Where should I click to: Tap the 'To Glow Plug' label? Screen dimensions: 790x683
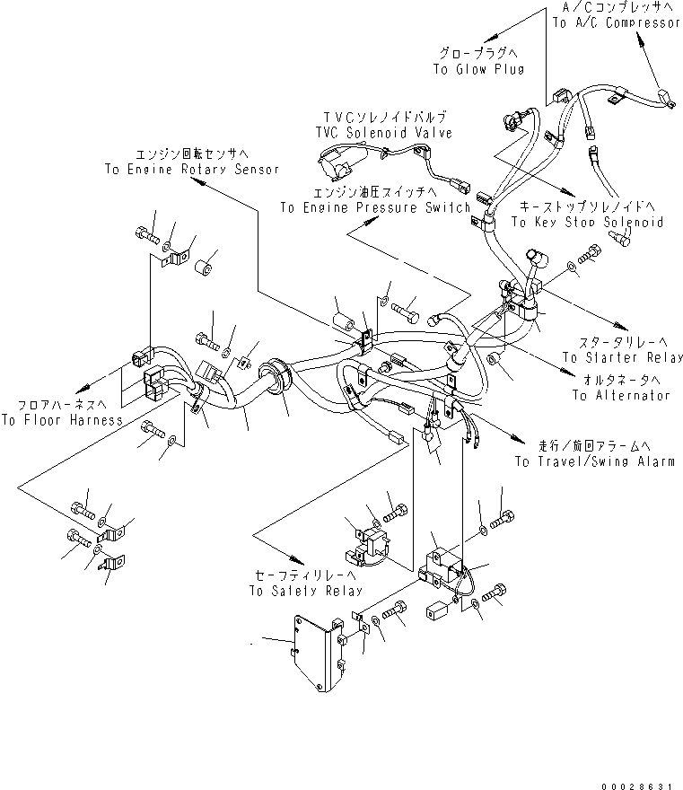click(478, 70)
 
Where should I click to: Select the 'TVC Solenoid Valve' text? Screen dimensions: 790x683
click(383, 133)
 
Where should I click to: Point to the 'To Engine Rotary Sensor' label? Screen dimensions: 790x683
click(192, 169)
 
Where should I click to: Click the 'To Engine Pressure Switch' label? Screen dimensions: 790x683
click(375, 207)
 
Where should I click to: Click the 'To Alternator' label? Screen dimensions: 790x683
click(620, 395)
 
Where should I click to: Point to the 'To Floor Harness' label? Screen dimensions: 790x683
click(62, 420)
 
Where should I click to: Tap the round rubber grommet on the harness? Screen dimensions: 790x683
click(275, 382)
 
